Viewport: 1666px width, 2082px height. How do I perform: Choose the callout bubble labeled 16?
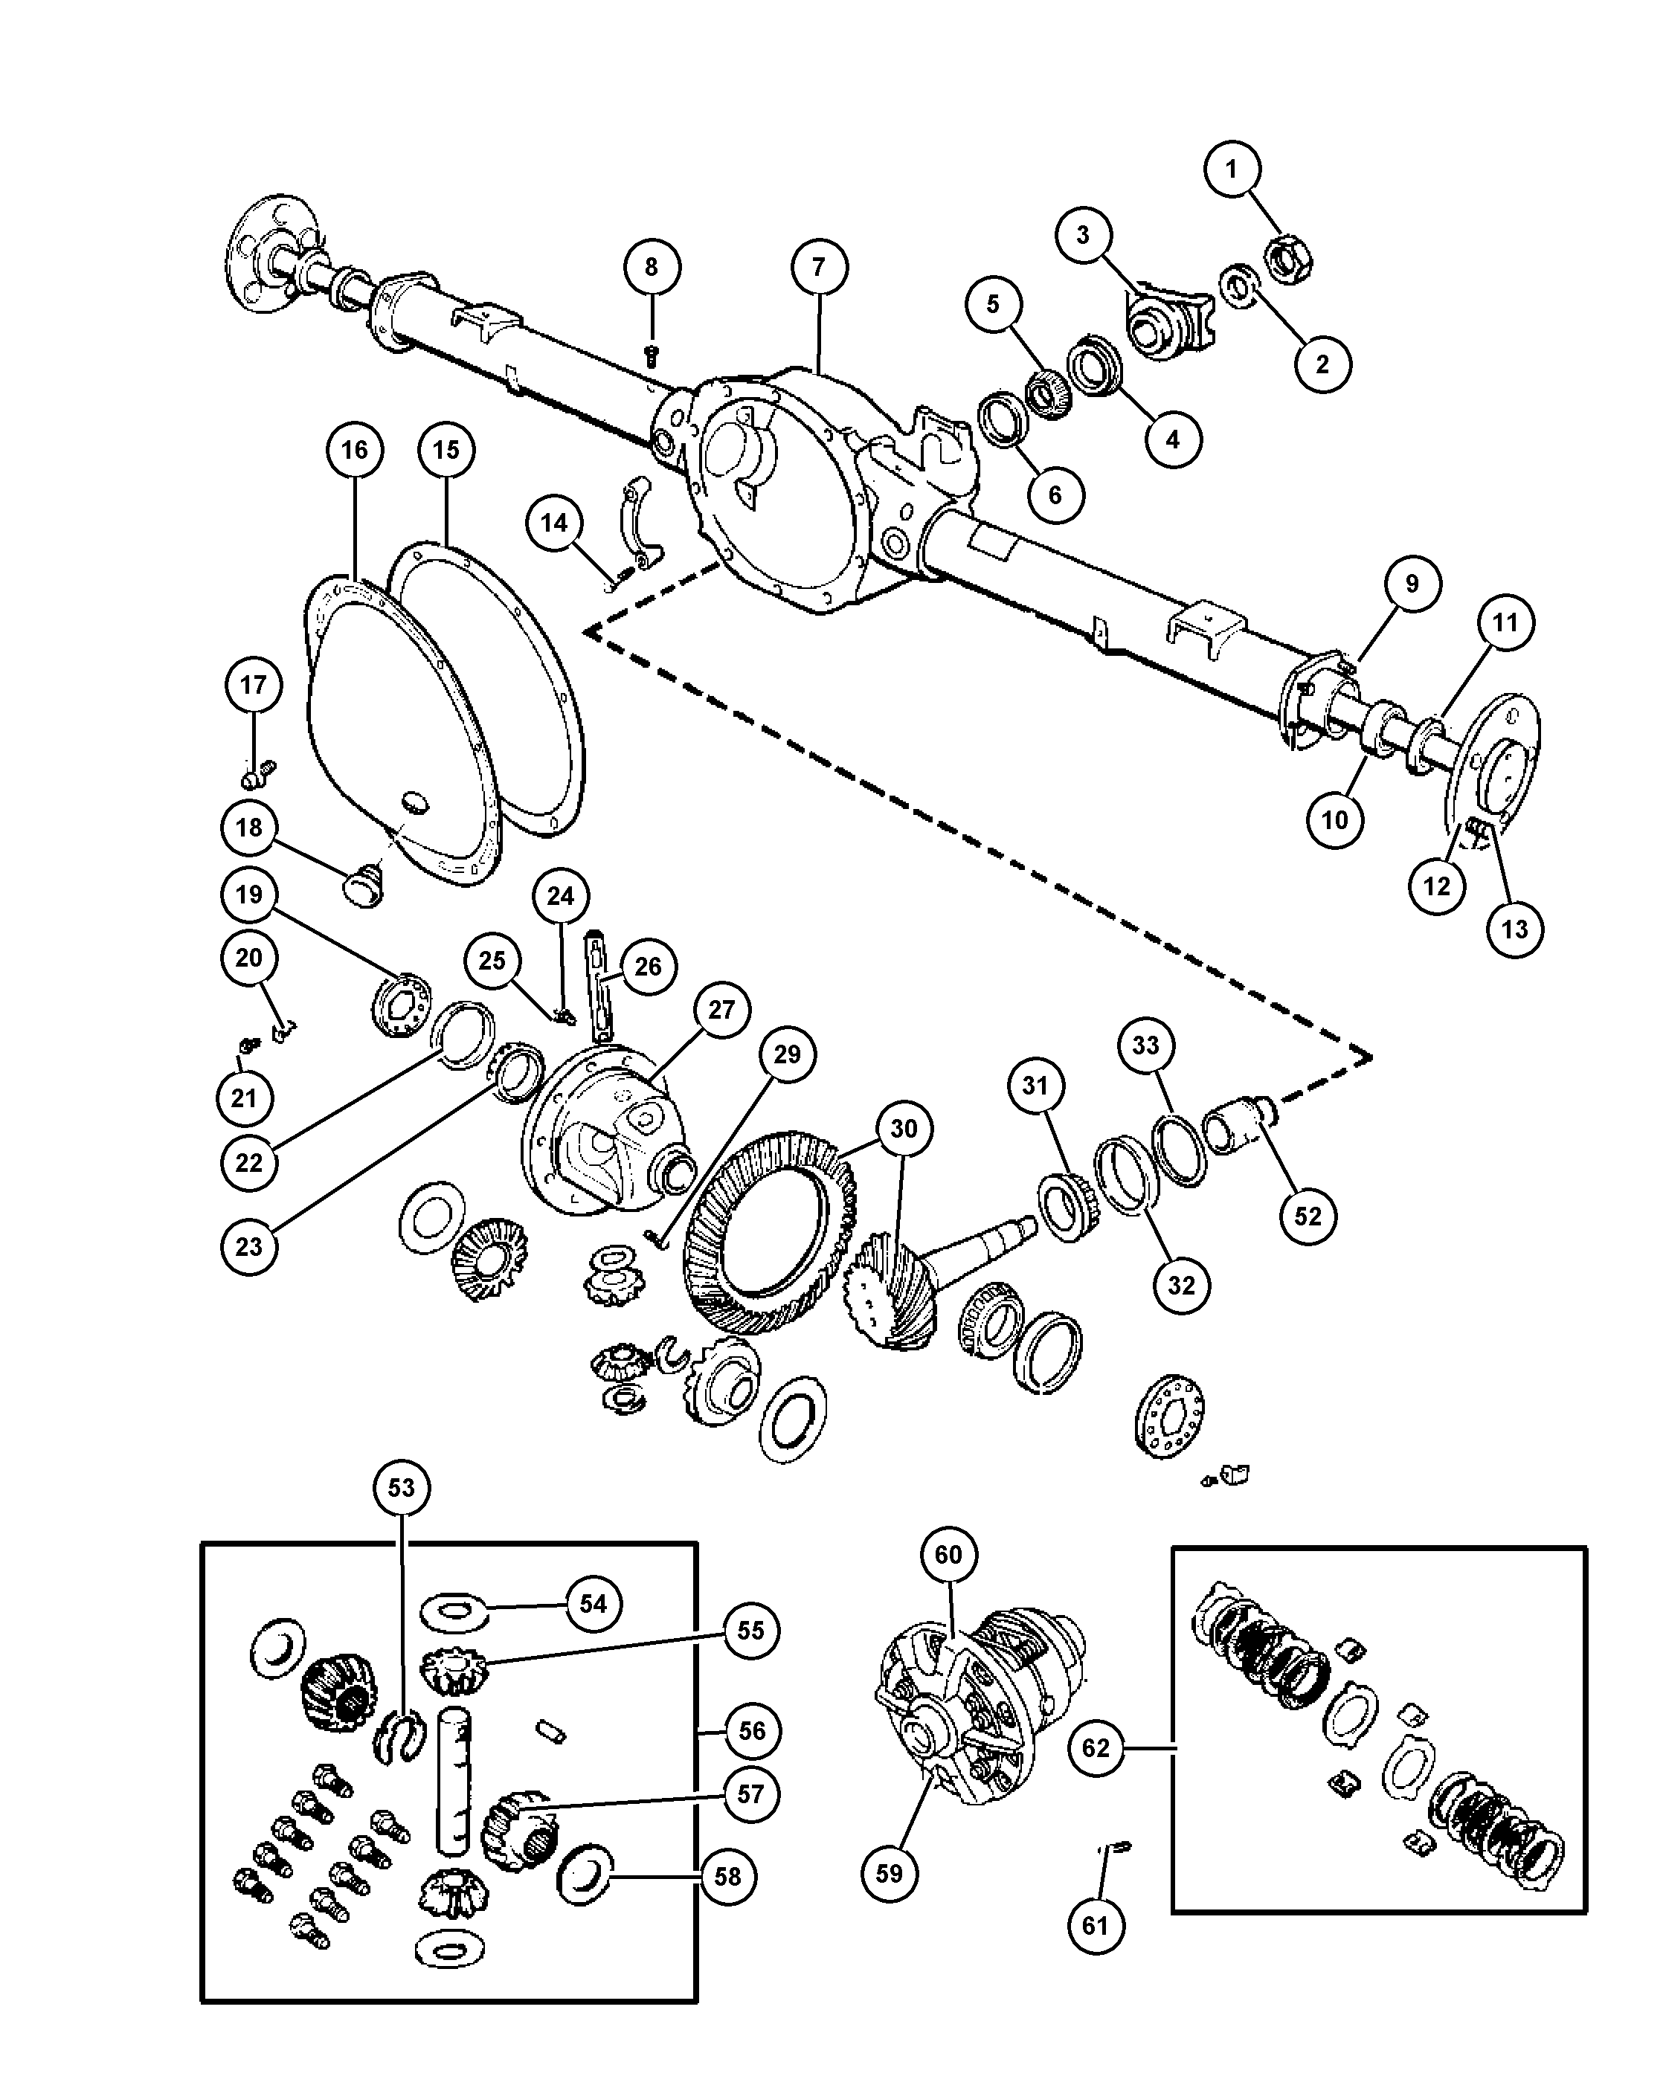coord(355,450)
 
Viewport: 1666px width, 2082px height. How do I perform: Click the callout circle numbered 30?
coord(903,1128)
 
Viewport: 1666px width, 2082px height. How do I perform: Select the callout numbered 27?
coord(721,1009)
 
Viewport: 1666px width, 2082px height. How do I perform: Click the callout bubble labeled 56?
coord(753,1730)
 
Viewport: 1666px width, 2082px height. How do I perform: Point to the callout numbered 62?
coord(1096,1748)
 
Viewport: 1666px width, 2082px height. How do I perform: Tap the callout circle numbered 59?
coord(889,1872)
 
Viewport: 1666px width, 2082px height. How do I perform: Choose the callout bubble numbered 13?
coord(1514,928)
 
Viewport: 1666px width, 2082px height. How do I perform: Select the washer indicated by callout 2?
coord(1240,286)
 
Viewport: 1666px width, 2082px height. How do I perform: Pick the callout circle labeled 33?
coord(1145,1045)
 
